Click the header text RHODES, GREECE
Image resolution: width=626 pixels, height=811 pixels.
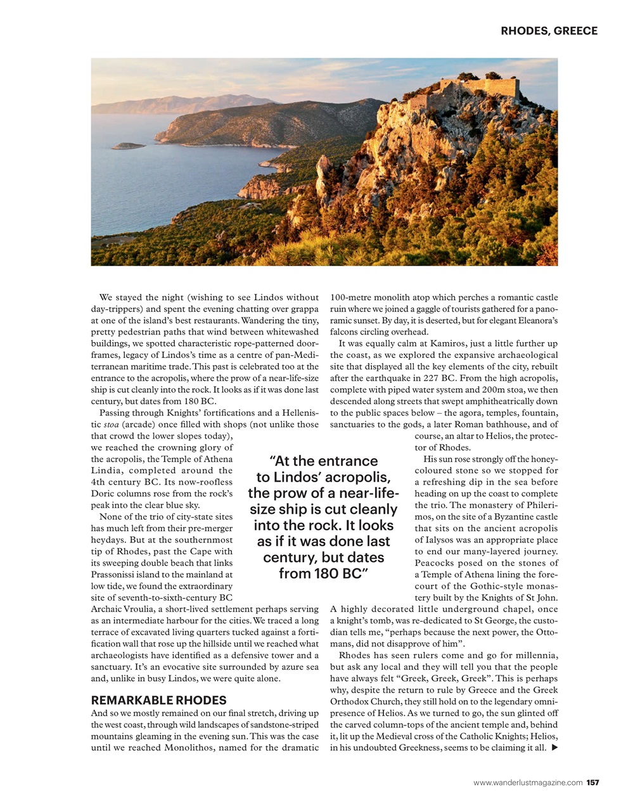click(x=549, y=30)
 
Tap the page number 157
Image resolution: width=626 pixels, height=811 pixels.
click(x=592, y=782)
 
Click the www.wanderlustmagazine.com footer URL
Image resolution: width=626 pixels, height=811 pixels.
click(x=528, y=782)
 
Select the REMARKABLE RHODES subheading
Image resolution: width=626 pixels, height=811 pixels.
click(x=158, y=700)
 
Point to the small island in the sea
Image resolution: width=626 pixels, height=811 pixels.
click(x=129, y=146)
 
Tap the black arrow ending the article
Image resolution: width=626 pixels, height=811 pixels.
click(x=555, y=748)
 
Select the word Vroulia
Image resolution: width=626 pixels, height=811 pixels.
click(x=137, y=609)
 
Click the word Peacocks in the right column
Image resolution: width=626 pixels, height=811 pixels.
click(x=433, y=563)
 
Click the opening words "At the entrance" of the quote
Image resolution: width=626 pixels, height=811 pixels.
click(x=323, y=461)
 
